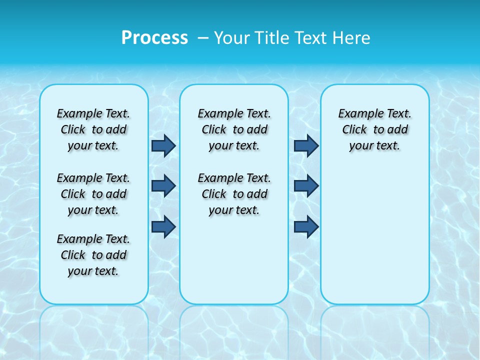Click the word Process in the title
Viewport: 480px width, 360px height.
click(154, 37)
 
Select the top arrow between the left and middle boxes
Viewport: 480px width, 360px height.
click(163, 145)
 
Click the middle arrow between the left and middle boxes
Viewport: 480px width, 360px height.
click(163, 186)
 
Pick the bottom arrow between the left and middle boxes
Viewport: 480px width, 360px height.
click(163, 226)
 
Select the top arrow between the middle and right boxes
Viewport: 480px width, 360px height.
click(306, 145)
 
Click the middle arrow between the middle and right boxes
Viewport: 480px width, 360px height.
click(306, 186)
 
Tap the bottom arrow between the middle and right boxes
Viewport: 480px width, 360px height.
click(306, 226)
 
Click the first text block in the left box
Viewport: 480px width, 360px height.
click(93, 129)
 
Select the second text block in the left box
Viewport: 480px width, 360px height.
click(93, 194)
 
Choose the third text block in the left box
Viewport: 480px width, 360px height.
click(93, 255)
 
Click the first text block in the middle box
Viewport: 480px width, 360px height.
click(234, 129)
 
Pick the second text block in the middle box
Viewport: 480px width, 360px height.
click(234, 194)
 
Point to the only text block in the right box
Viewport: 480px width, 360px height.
click(374, 129)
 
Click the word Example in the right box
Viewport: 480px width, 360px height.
click(357, 114)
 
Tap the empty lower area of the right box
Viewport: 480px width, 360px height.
click(374, 235)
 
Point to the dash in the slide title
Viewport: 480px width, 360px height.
click(203, 37)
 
